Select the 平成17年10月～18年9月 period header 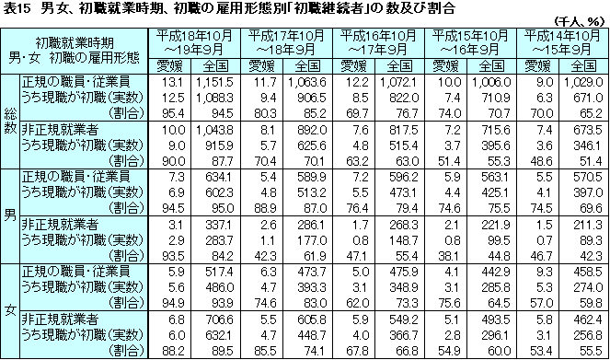click(x=285, y=41)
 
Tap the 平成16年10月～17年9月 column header click(x=377, y=41)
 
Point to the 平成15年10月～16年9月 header click(x=469, y=41)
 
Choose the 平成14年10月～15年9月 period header click(x=561, y=41)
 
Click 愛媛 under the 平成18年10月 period click(x=169, y=65)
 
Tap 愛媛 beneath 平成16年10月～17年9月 click(x=354, y=65)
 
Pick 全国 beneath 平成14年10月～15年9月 click(x=584, y=65)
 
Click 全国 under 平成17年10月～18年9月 click(x=308, y=65)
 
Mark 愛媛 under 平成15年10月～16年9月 click(x=446, y=65)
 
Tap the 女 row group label click(x=10, y=310)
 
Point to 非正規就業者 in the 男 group click(x=59, y=224)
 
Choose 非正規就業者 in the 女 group click(x=59, y=319)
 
